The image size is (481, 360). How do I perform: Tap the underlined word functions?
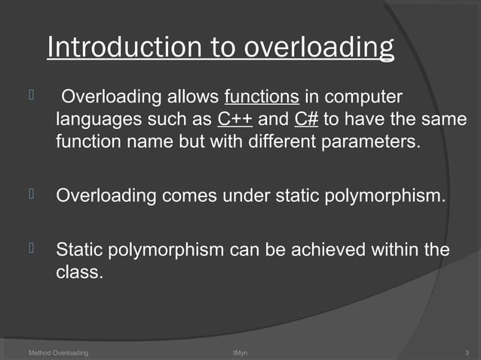tap(262, 97)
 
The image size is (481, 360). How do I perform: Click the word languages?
tap(97, 121)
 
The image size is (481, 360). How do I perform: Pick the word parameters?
tap(368, 142)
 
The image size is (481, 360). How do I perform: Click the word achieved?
tap(338, 249)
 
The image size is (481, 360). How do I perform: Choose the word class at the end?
tap(78, 273)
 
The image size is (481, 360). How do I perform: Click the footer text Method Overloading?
tap(58, 352)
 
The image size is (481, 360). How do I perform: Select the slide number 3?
tap(468, 352)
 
